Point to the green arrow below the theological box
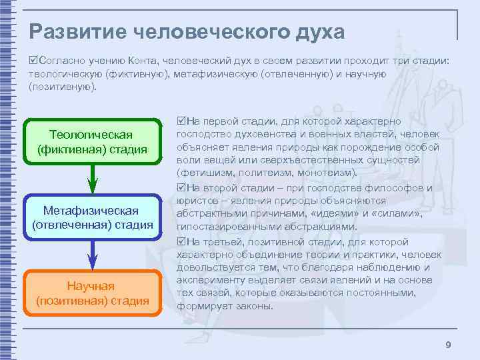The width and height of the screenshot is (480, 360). click(x=93, y=178)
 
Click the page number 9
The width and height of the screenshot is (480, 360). click(x=448, y=344)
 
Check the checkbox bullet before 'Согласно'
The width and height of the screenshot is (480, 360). click(x=34, y=61)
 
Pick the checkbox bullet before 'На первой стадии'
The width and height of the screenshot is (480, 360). click(x=181, y=121)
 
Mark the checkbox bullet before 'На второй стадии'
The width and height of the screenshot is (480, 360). click(x=181, y=187)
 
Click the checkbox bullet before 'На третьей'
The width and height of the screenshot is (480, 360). click(x=181, y=241)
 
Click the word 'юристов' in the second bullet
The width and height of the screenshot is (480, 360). click(x=197, y=201)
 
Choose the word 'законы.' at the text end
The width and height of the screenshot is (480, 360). click(x=255, y=307)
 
